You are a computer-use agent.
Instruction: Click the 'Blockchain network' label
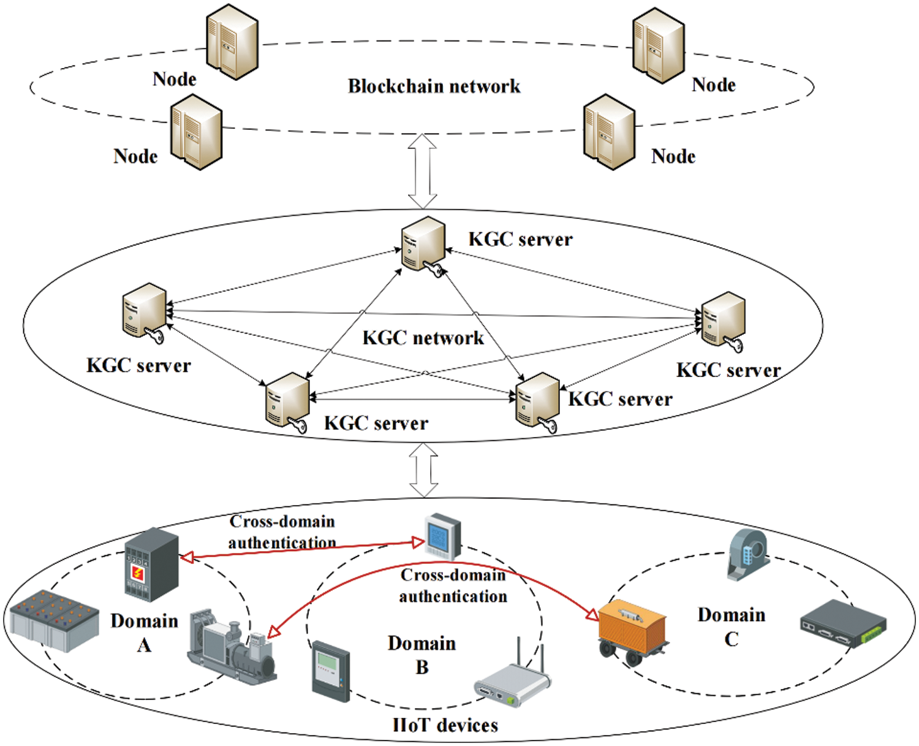434,86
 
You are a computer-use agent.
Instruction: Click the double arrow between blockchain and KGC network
423,171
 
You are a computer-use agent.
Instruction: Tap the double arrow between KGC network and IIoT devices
423,470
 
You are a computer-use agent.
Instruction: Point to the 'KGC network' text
423,338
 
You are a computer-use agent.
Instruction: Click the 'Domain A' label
144,632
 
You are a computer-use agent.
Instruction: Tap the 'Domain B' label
422,654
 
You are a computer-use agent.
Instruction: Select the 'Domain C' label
731,626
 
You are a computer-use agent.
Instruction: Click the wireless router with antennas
513,680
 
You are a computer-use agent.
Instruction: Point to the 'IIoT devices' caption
445,725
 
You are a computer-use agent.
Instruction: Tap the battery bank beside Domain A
54,620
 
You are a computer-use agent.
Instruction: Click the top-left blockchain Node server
232,42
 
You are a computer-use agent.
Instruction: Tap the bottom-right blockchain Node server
608,132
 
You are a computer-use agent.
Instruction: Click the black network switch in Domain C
842,624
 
